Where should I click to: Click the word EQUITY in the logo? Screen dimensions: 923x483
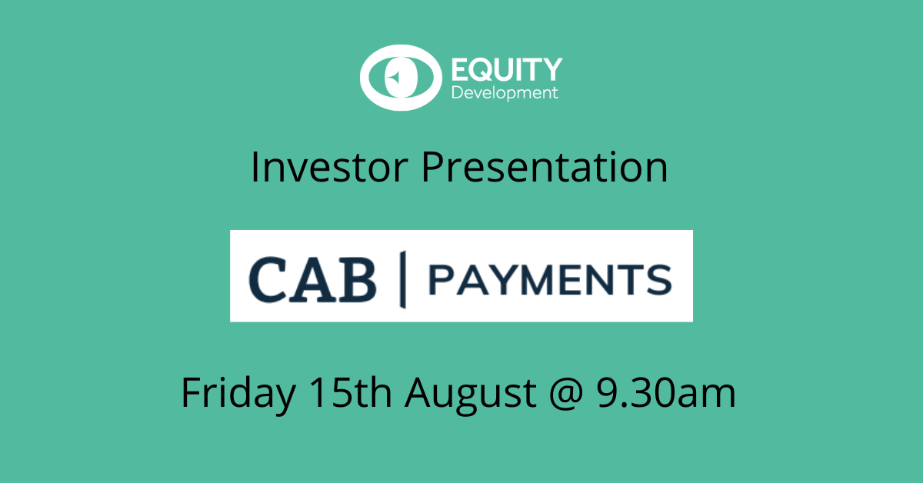(x=507, y=69)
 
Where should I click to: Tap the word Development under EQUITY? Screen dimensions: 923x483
(x=505, y=93)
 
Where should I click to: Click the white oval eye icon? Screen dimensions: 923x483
(x=401, y=78)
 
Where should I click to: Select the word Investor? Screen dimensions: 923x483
(x=329, y=167)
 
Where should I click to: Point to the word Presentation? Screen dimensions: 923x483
(x=545, y=167)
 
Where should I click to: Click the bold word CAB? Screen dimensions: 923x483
(x=313, y=279)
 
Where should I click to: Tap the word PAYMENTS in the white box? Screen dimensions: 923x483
(x=551, y=280)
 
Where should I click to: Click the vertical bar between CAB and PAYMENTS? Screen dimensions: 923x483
(x=403, y=279)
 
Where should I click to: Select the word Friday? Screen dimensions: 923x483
(x=238, y=395)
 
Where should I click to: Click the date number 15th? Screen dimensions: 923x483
(x=350, y=392)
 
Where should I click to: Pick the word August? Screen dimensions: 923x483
(x=471, y=395)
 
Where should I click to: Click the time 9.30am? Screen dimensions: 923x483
(x=666, y=392)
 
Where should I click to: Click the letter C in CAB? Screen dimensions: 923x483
(x=268, y=279)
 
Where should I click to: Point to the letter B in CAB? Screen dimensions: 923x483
(x=357, y=279)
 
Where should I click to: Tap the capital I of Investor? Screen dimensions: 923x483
(x=255, y=167)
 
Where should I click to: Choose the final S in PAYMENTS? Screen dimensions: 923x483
(x=659, y=280)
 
